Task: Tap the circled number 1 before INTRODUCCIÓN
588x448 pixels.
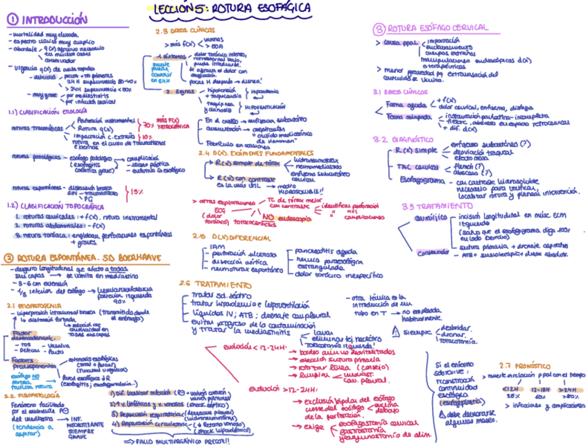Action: pos(14,20)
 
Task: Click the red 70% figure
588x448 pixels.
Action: pos(148,126)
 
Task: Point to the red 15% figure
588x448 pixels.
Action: pos(137,191)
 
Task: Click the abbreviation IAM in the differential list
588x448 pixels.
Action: pos(218,245)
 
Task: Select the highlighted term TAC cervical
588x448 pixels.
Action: pos(410,167)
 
